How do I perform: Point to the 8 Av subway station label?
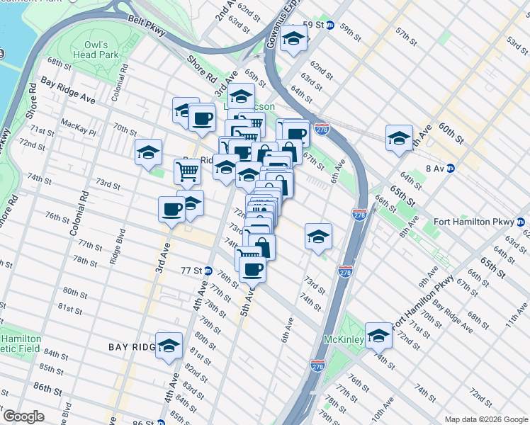(439, 168)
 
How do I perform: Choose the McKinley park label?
(344, 340)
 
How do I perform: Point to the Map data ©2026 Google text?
(485, 419)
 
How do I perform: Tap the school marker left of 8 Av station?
(399, 137)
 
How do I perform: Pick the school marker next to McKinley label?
(378, 335)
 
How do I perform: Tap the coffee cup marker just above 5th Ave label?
(252, 268)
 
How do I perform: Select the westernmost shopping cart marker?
(187, 171)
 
